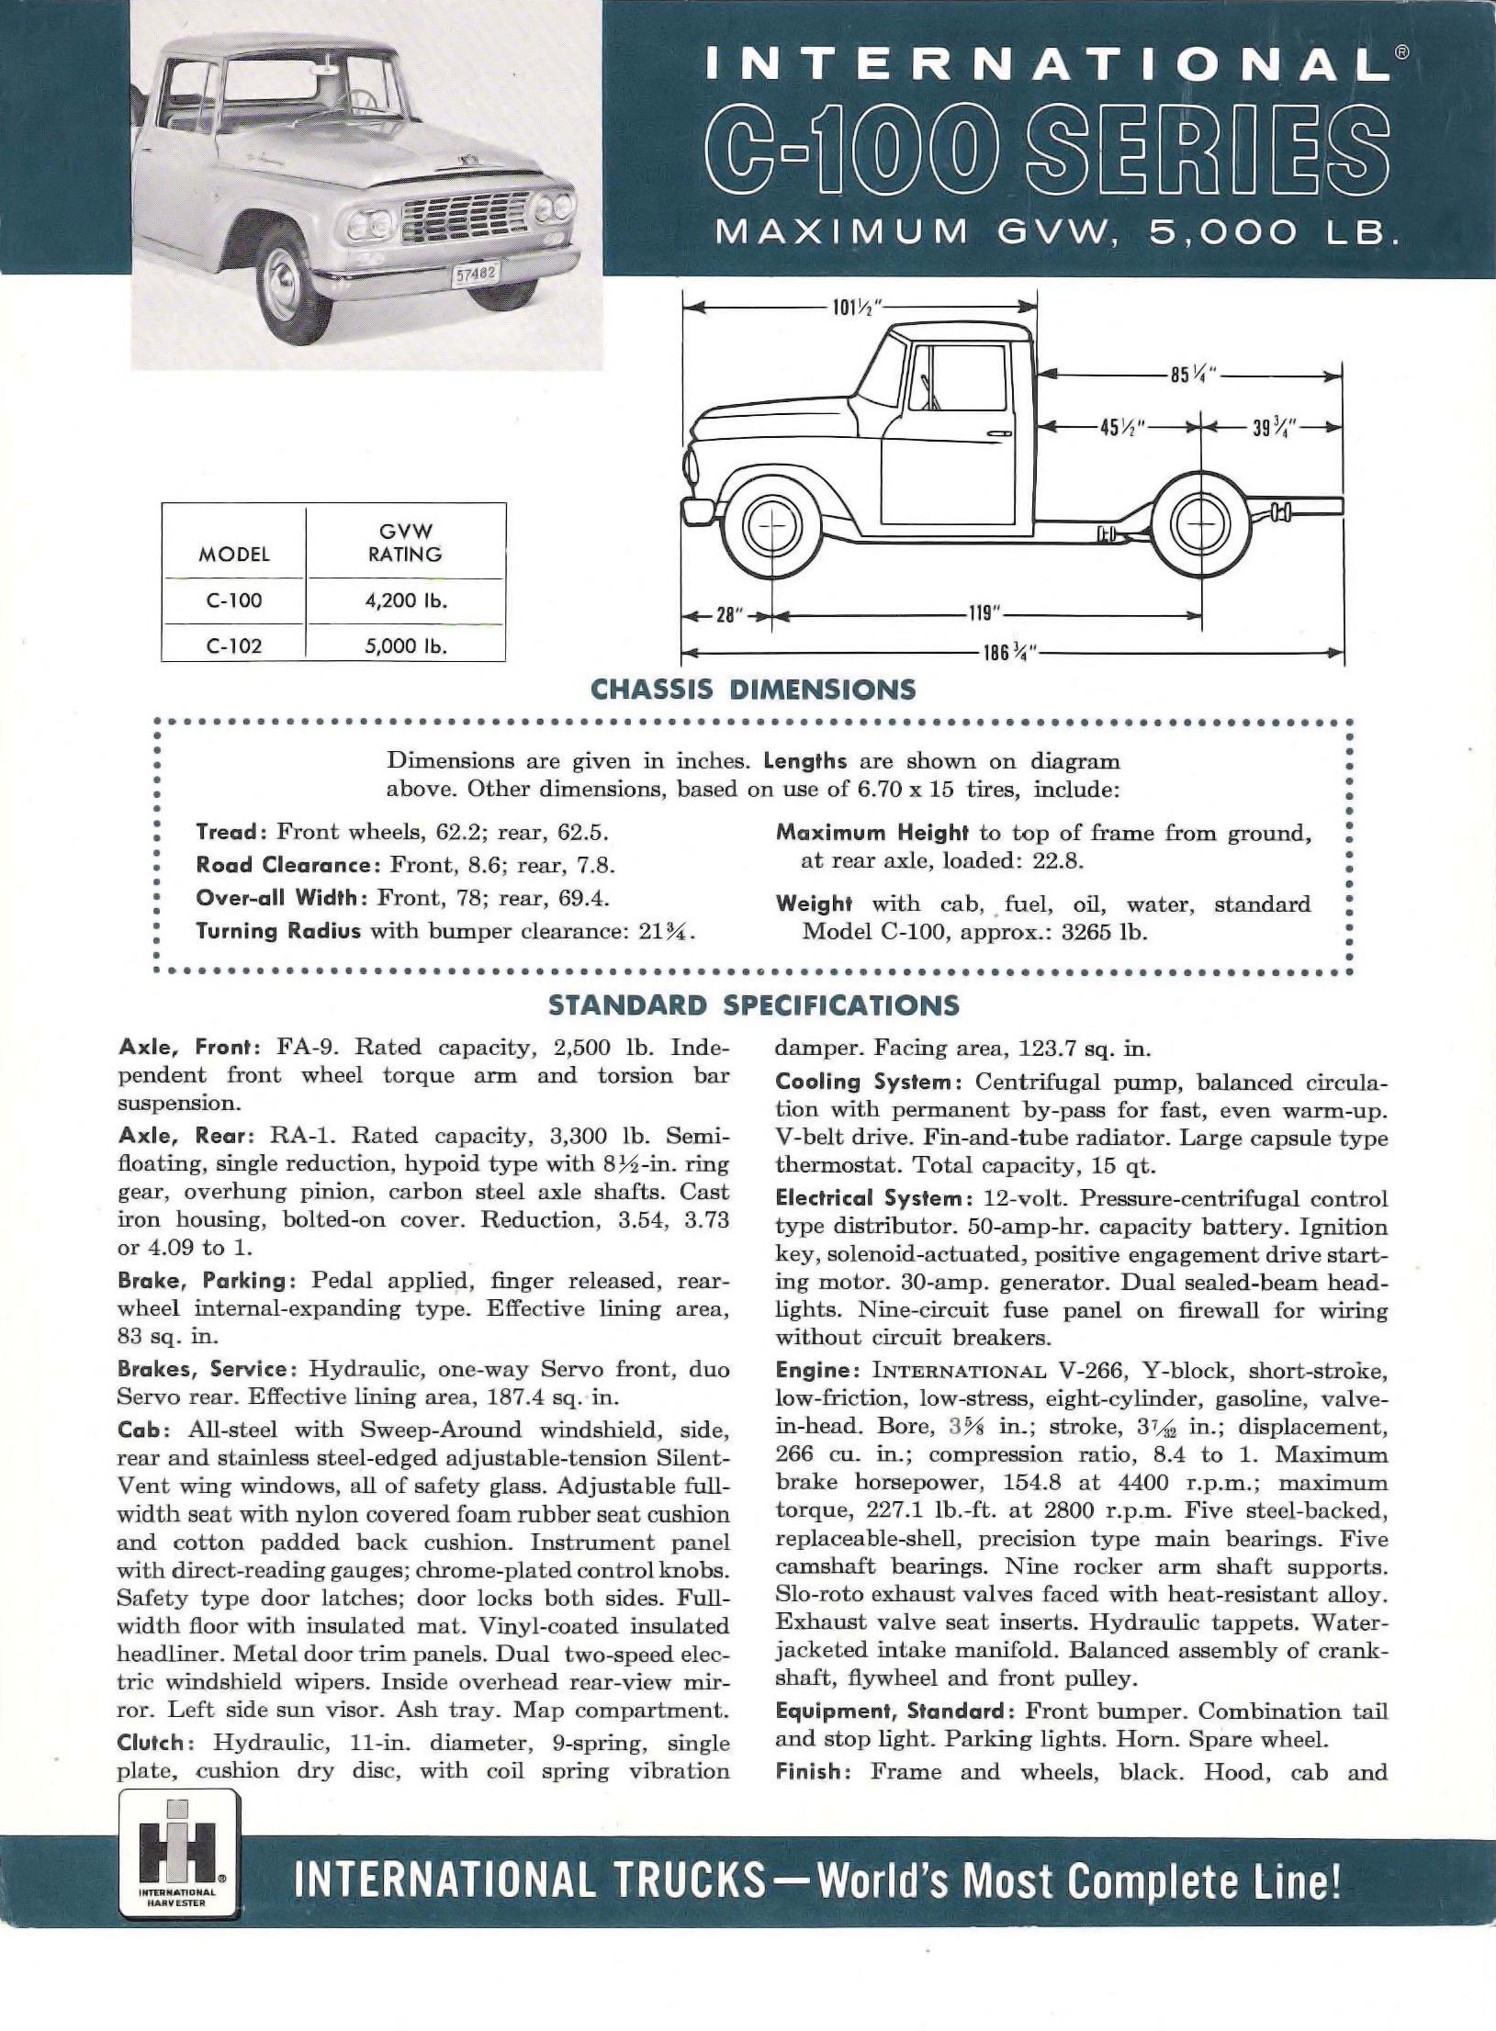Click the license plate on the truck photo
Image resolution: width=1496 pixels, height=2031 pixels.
coord(476,274)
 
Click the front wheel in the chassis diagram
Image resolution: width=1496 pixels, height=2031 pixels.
coord(770,527)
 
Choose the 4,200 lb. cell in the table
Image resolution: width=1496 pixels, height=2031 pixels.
coord(405,601)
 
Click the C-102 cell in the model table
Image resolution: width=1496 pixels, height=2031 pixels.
coord(234,645)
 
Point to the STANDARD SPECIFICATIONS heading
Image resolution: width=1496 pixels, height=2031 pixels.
coord(753,1004)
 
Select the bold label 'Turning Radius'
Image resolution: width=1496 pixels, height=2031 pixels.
coord(279,931)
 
